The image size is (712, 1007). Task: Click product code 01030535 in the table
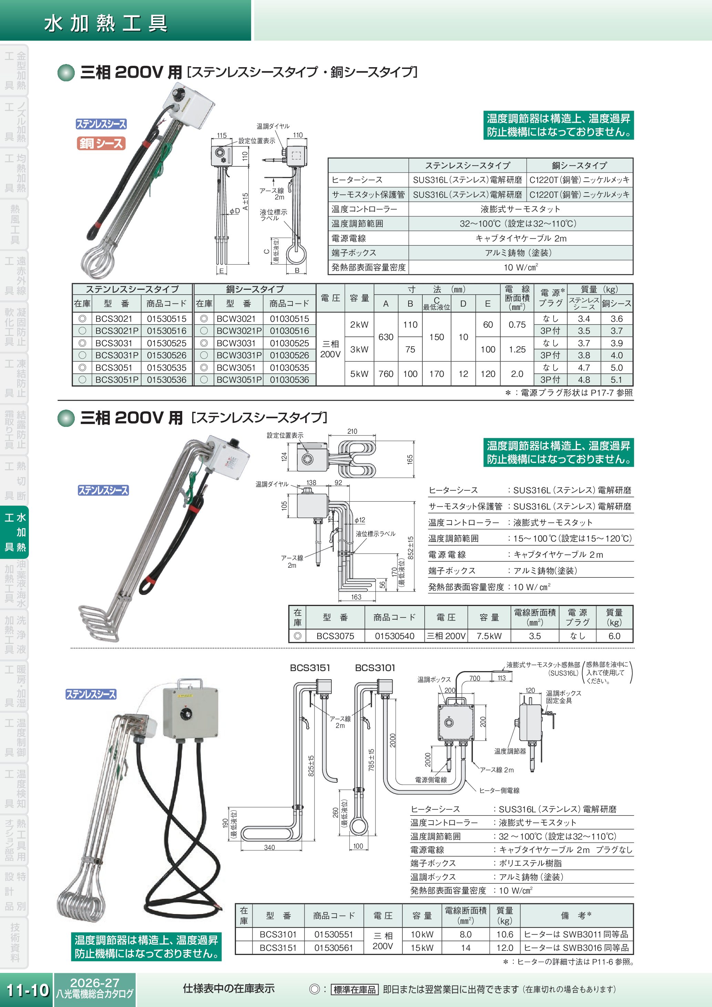pyautogui.click(x=289, y=368)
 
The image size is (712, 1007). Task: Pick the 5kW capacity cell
pyautogui.click(x=359, y=374)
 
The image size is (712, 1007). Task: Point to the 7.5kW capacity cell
pyautogui.click(x=489, y=636)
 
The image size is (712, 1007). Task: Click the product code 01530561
pyautogui.click(x=333, y=947)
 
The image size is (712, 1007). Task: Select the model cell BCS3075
pyautogui.click(x=335, y=636)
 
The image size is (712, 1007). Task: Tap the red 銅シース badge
pyautogui.click(x=101, y=143)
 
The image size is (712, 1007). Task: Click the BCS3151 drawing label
pyautogui.click(x=310, y=668)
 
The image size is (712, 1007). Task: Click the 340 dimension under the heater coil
pyautogui.click(x=269, y=847)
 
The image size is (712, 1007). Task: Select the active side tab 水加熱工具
pyautogui.click(x=15, y=532)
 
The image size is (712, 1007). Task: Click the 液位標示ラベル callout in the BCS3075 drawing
pyautogui.click(x=375, y=534)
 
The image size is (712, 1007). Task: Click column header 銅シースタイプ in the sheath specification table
pyautogui.click(x=579, y=165)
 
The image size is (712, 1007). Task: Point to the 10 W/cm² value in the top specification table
pyautogui.click(x=520, y=267)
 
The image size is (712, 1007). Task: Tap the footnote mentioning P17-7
pyautogui.click(x=569, y=392)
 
